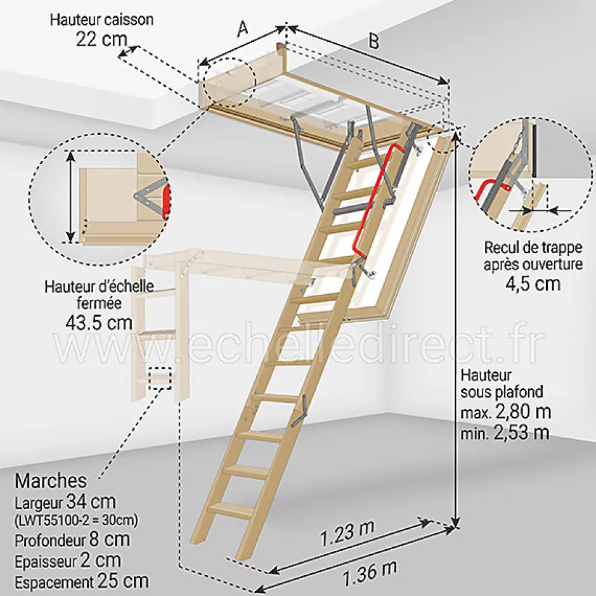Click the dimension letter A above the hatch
(241, 29)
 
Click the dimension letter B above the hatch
(374, 41)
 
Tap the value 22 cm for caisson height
(101, 39)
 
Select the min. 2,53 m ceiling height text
(505, 434)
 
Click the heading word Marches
(51, 480)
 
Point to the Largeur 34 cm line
(65, 503)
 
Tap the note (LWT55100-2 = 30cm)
(75, 521)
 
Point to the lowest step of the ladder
(231, 509)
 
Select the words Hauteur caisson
(102, 19)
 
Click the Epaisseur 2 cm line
(67, 560)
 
